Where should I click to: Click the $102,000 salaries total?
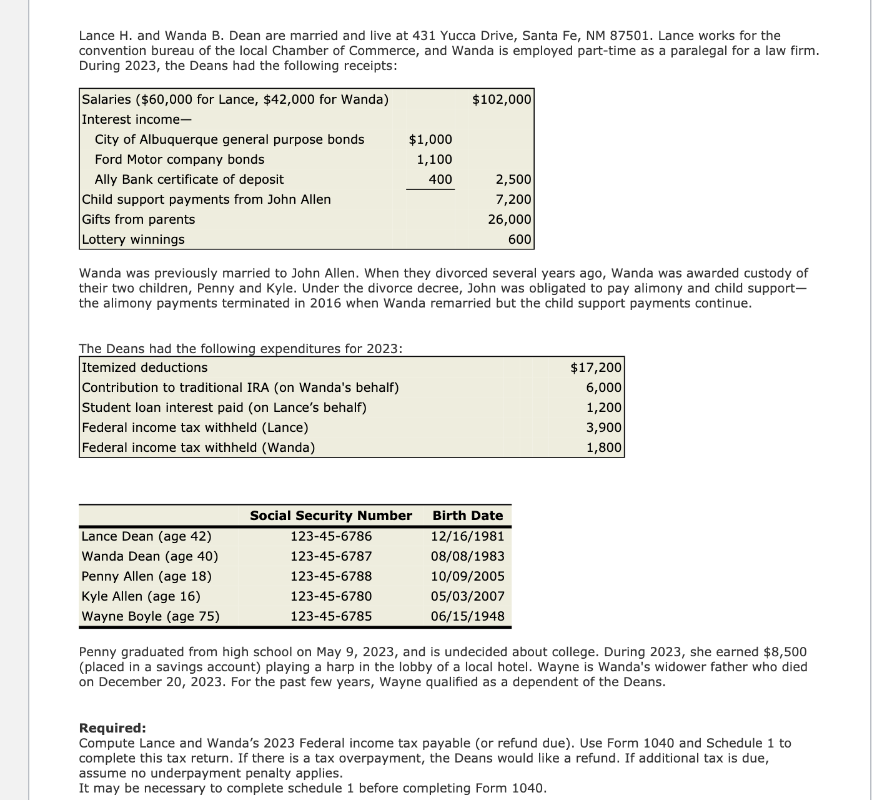click(x=502, y=99)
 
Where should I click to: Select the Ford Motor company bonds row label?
click(x=179, y=159)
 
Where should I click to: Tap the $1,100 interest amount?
click(x=435, y=159)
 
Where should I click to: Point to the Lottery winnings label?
click(x=134, y=239)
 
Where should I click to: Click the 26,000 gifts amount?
click(x=509, y=219)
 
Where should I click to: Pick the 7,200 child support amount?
click(x=513, y=199)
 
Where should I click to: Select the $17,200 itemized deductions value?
click(x=596, y=367)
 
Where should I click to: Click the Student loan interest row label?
click(x=224, y=407)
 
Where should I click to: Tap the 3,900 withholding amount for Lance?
click(x=604, y=427)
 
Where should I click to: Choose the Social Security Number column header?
click(x=331, y=516)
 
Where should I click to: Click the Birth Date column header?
click(x=468, y=516)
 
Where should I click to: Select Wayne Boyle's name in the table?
click(x=151, y=616)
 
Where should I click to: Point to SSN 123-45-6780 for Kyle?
click(x=331, y=596)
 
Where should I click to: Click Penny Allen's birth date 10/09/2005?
click(x=468, y=576)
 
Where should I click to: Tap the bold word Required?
click(x=112, y=728)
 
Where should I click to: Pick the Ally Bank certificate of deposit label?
click(x=189, y=179)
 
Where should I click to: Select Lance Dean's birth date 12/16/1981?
click(x=468, y=536)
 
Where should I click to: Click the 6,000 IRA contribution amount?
click(x=604, y=387)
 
